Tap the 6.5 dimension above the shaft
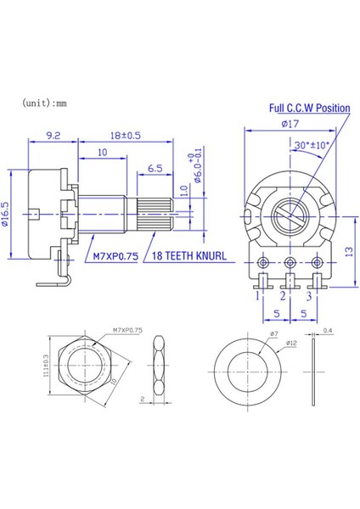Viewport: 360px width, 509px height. point(155,170)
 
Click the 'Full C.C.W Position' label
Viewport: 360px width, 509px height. point(310,109)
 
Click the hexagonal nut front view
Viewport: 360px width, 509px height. point(79,372)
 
